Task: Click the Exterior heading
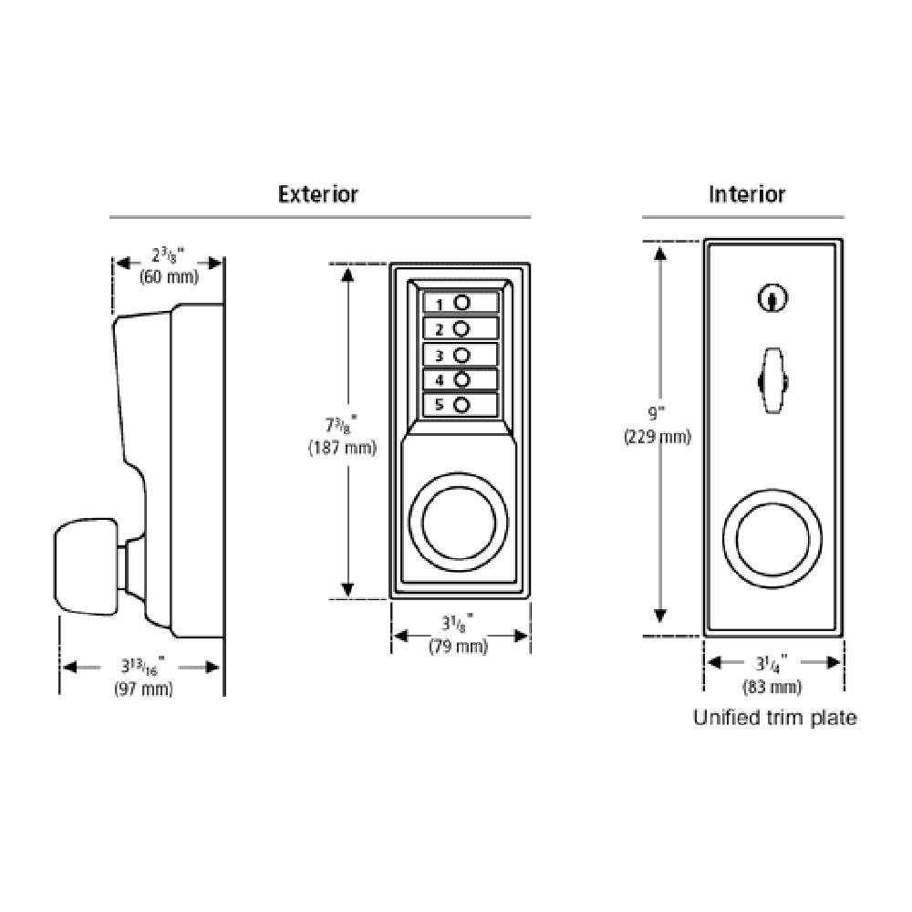317,194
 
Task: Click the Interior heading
747,194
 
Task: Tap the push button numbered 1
461,303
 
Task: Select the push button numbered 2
461,328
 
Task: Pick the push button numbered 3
461,354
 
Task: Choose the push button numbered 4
461,379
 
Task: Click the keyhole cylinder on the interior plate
773,297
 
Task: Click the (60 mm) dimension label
168,277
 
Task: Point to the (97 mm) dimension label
143,689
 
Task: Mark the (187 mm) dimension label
342,448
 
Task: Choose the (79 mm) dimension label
458,647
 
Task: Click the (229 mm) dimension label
657,437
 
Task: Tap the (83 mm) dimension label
773,687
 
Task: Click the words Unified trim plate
774,718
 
